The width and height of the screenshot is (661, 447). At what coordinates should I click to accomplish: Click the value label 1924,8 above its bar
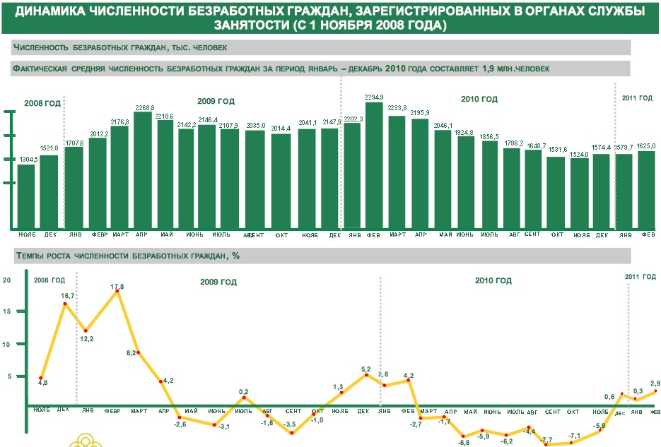[466, 132]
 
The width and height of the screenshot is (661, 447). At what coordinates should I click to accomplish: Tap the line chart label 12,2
[86, 339]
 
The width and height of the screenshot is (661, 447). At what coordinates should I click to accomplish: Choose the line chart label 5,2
[365, 369]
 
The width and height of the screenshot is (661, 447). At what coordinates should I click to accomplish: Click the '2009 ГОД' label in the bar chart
[216, 101]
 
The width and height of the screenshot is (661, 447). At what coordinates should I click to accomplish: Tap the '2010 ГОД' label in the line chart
[493, 281]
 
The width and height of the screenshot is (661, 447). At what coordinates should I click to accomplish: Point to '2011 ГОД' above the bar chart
[637, 97]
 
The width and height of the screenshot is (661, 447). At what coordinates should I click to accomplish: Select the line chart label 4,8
[42, 383]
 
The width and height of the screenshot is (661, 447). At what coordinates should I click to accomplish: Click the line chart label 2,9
[655, 382]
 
